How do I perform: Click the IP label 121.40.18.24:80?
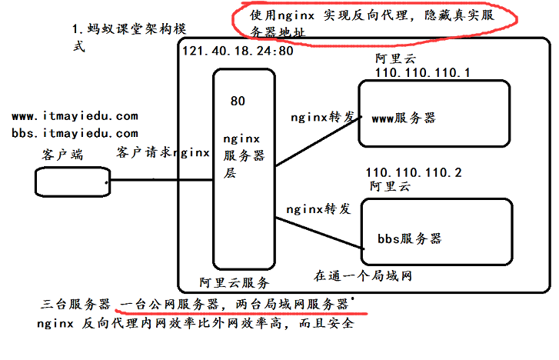pyautogui.click(x=238, y=52)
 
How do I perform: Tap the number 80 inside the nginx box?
pyautogui.click(x=238, y=101)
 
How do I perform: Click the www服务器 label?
pyautogui.click(x=404, y=118)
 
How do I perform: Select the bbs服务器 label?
pyautogui.click(x=410, y=238)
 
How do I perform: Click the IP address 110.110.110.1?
pyautogui.click(x=422, y=72)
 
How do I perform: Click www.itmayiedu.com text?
pyautogui.click(x=75, y=116)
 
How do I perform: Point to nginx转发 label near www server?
pyautogui.click(x=322, y=118)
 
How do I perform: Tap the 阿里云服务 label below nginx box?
pyautogui.click(x=234, y=282)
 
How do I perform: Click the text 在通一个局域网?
pyautogui.click(x=363, y=275)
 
